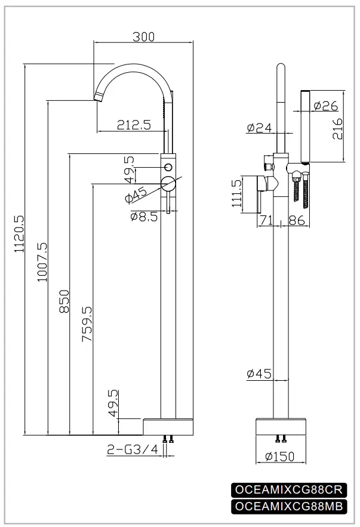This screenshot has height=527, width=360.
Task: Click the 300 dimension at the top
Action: point(143,36)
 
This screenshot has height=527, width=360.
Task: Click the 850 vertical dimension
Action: point(64,301)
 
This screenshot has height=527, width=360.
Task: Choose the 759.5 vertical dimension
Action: point(87,324)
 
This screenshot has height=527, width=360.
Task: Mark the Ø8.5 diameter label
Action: point(143,217)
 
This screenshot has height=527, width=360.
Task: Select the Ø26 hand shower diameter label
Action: point(325,106)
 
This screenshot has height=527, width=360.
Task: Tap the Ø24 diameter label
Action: point(259,127)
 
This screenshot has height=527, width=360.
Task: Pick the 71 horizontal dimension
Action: point(266,221)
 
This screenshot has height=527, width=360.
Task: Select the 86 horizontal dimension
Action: point(297,221)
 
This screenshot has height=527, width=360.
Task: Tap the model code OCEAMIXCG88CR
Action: point(288,489)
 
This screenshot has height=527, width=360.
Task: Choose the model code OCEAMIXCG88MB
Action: point(288,507)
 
